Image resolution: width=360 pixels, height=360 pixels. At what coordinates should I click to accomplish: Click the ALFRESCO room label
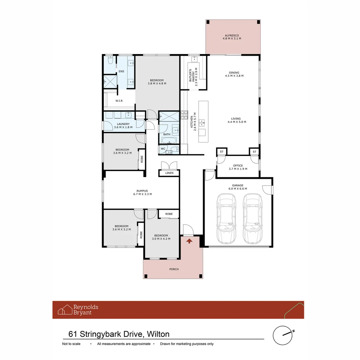(x=232, y=36)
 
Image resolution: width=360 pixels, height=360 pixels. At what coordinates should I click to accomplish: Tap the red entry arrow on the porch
(x=189, y=241)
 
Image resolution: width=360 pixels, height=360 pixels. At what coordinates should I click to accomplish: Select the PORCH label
(x=174, y=269)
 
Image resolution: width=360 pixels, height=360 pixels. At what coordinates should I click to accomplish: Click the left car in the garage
(x=226, y=219)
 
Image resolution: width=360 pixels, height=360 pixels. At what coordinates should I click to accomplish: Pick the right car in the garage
(x=253, y=219)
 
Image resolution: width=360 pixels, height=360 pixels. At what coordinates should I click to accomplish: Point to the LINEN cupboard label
(x=169, y=173)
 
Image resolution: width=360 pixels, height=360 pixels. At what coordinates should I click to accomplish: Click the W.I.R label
(x=119, y=101)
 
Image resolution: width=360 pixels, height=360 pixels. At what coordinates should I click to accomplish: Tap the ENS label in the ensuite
(x=121, y=71)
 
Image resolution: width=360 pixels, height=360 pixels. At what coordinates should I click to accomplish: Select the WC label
(x=163, y=149)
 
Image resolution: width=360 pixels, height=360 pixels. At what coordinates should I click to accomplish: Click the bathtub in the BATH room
(x=169, y=140)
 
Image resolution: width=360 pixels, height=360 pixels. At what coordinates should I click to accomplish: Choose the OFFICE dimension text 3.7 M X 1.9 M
(x=238, y=169)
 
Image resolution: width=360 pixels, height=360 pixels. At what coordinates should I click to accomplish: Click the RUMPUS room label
(x=142, y=191)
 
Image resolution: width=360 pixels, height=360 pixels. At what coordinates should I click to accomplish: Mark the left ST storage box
(x=222, y=152)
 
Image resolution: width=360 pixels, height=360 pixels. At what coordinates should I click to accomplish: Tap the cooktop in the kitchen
(x=184, y=115)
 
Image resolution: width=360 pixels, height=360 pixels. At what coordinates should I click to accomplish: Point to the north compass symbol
(x=283, y=335)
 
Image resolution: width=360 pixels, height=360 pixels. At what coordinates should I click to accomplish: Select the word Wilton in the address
(x=158, y=334)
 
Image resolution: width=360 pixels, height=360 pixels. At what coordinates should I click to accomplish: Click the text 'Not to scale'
(x=71, y=344)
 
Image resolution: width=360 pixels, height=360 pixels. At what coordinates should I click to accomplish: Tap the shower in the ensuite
(x=110, y=82)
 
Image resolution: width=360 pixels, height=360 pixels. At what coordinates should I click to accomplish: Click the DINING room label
(x=234, y=73)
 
